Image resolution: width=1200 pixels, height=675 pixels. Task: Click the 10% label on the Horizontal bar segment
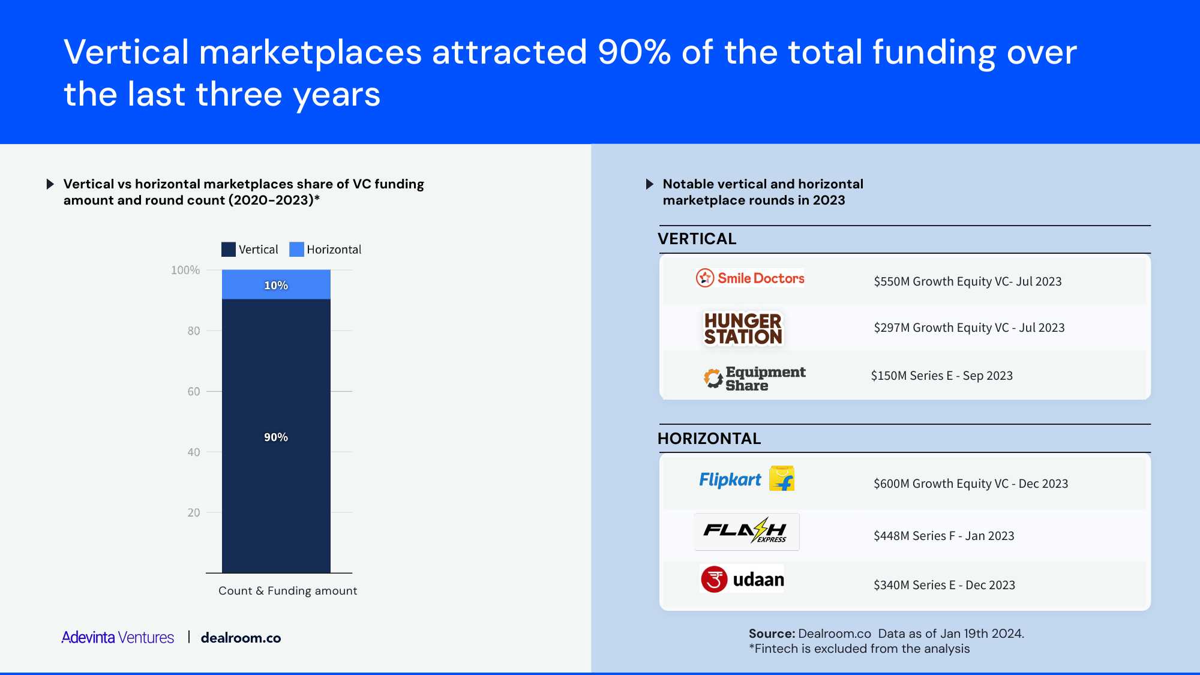[276, 286]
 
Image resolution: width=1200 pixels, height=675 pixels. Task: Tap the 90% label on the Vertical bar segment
[276, 437]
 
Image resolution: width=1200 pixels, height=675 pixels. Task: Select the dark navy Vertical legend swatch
[229, 250]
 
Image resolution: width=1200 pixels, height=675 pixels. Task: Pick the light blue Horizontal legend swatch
[296, 250]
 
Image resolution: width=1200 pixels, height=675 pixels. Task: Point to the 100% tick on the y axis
[185, 270]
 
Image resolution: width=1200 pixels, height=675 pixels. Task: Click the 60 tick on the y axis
[194, 391]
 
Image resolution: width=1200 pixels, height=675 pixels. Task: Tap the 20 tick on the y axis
[194, 512]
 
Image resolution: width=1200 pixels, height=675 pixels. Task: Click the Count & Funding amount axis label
[287, 591]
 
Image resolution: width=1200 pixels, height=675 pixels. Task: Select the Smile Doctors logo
[750, 278]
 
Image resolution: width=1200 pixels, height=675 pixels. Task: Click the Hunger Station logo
[743, 329]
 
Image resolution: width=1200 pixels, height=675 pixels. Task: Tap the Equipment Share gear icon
[713, 379]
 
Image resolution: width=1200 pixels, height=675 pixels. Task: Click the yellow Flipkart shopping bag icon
[782, 478]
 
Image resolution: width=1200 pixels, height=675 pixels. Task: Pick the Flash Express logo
[746, 532]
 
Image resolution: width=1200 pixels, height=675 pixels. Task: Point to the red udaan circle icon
[714, 579]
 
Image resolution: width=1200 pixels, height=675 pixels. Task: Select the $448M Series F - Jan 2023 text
[944, 536]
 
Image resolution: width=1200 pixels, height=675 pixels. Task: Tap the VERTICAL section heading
[697, 239]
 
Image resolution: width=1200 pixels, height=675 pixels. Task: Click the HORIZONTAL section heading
[709, 439]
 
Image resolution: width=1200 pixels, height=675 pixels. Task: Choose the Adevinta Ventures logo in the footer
[118, 637]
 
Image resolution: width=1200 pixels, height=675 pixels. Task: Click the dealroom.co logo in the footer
[241, 638]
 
